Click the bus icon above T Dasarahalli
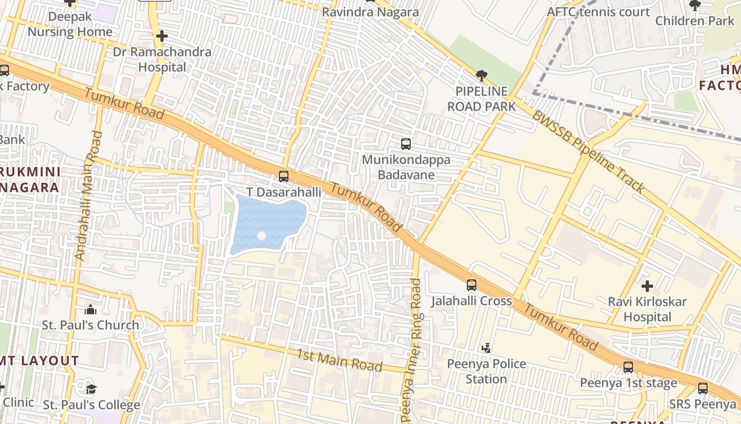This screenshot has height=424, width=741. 284,176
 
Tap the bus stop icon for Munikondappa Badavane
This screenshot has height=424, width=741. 406,144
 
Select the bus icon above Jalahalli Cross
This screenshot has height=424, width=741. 472,285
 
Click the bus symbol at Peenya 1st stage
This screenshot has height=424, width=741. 628,367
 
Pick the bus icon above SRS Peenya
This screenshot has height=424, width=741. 703,388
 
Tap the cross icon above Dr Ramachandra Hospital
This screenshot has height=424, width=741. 162,36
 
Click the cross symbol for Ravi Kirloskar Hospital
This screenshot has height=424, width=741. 647,286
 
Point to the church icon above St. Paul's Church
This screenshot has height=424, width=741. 91,310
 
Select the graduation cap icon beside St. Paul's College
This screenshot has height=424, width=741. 91,390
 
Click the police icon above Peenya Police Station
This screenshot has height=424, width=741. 486,348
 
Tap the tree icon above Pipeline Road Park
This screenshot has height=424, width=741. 481,76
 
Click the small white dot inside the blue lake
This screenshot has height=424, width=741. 261,235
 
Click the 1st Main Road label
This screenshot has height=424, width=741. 339,360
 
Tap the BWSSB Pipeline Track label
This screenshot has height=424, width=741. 589,152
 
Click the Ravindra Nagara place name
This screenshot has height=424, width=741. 370,12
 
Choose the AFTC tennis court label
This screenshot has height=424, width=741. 598,12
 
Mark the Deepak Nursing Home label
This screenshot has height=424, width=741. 70,24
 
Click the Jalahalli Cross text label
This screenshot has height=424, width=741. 472,301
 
